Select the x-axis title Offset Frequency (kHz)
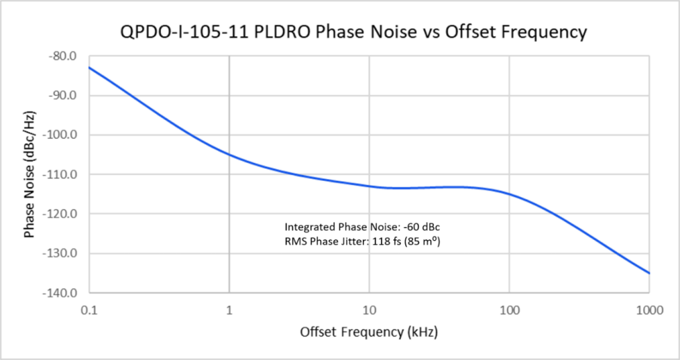368,332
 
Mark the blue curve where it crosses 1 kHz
229,154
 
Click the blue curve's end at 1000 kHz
649,273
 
